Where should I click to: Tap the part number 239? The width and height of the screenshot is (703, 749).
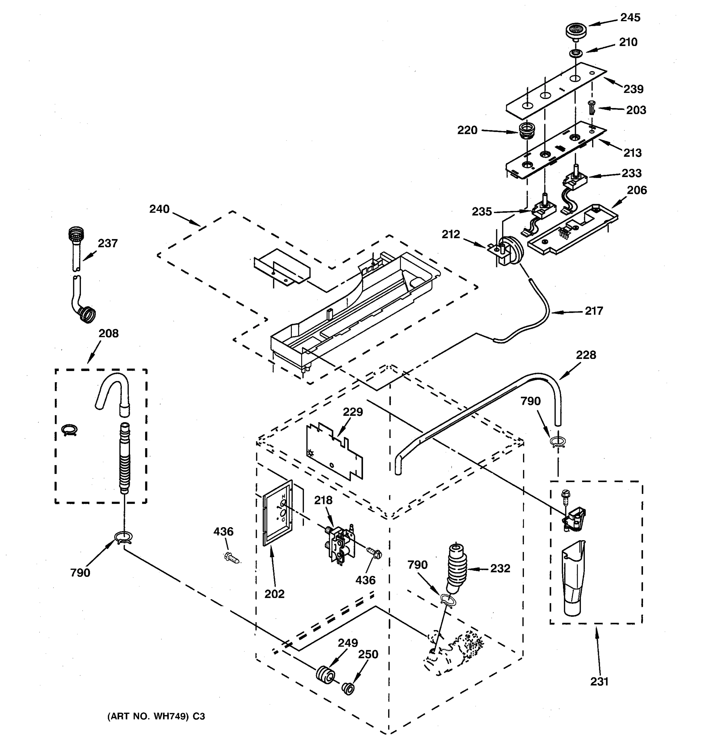coord(633,89)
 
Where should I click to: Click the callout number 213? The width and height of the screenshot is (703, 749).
coord(632,153)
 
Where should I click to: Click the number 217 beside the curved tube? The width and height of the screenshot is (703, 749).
coord(594,311)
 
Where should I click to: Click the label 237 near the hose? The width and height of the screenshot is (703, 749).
coord(108,243)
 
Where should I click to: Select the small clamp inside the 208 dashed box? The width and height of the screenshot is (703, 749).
coord(69,430)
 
